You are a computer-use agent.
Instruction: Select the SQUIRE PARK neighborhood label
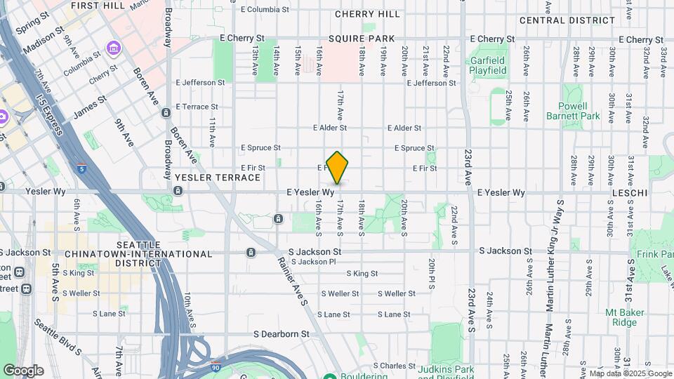click(x=365, y=39)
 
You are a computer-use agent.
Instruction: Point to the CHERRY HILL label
click(x=368, y=14)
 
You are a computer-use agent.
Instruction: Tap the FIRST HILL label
click(x=98, y=5)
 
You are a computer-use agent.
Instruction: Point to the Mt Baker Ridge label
click(x=622, y=317)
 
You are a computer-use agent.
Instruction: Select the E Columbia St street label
click(x=264, y=10)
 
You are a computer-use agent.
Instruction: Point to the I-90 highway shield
click(x=215, y=367)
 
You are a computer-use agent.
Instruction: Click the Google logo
click(x=23, y=371)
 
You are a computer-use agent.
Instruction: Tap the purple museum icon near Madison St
click(x=113, y=48)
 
